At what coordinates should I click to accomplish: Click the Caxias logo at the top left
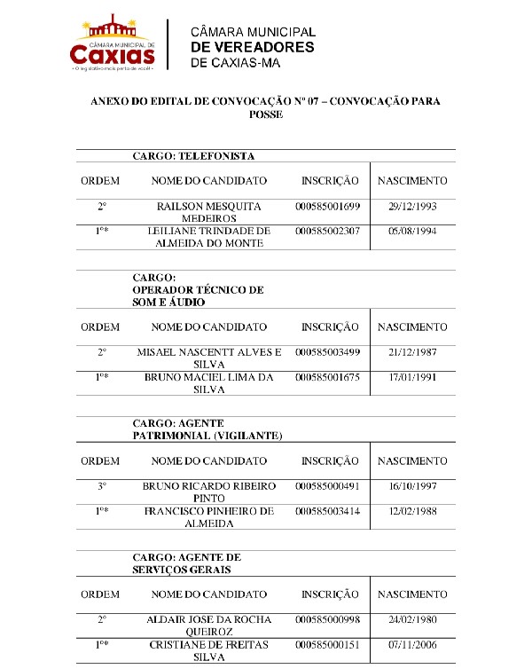[113, 43]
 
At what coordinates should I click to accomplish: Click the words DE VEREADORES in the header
[253, 47]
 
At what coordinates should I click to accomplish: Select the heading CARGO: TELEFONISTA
[193, 156]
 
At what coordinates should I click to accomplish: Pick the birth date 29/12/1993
[412, 206]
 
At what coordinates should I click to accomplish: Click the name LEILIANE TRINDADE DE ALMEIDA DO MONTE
[209, 237]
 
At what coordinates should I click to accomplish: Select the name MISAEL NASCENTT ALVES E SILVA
[209, 358]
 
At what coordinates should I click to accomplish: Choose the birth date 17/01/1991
[412, 377]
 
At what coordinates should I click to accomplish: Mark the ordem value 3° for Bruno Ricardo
[102, 486]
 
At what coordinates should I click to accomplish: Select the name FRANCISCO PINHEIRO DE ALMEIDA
[209, 517]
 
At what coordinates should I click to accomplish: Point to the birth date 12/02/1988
[412, 511]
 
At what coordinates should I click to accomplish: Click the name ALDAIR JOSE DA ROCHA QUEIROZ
[209, 626]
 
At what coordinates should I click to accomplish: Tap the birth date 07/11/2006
[412, 644]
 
